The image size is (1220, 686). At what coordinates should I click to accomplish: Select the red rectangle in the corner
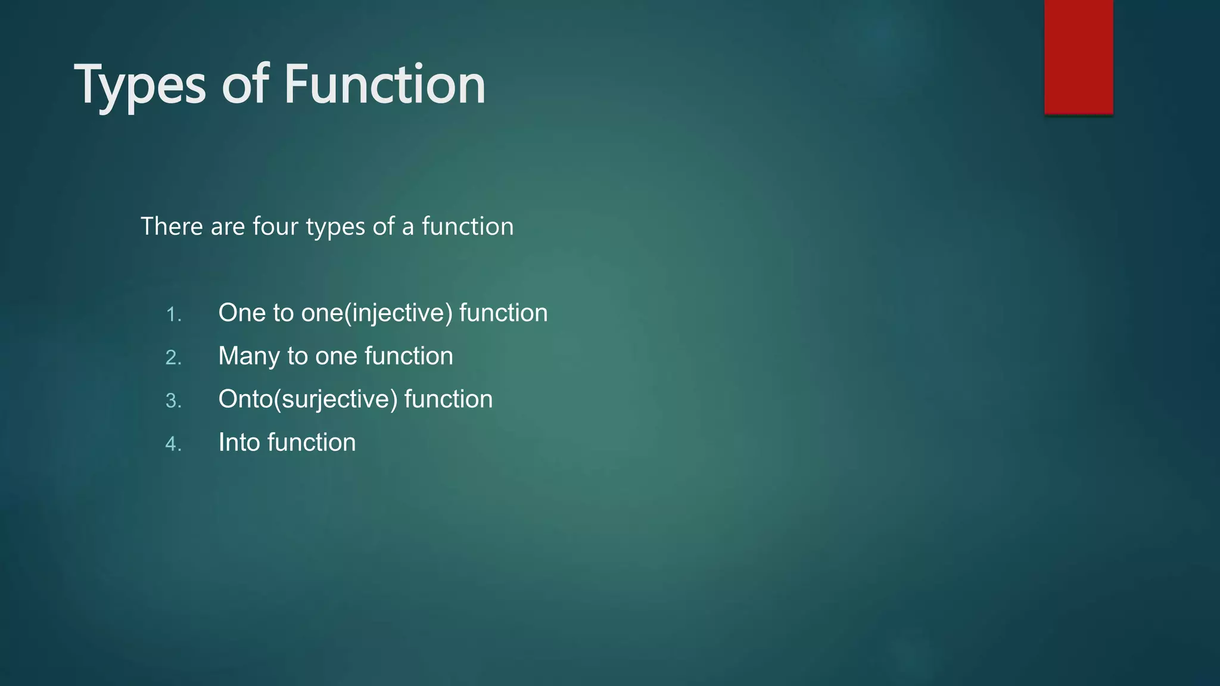click(1078, 57)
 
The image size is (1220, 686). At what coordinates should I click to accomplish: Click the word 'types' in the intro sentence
click(335, 227)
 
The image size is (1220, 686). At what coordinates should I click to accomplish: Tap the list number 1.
click(173, 314)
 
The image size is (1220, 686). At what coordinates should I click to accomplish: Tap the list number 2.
click(173, 357)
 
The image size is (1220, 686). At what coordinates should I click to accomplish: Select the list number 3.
click(173, 401)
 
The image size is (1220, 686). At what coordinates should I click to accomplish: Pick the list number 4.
click(173, 444)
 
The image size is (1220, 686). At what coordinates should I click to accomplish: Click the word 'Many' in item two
click(249, 356)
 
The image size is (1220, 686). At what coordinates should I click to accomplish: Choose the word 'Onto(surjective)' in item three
click(307, 400)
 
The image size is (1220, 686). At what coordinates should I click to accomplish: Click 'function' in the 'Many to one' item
click(409, 356)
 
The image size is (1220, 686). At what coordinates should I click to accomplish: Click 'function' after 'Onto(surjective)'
click(449, 400)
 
